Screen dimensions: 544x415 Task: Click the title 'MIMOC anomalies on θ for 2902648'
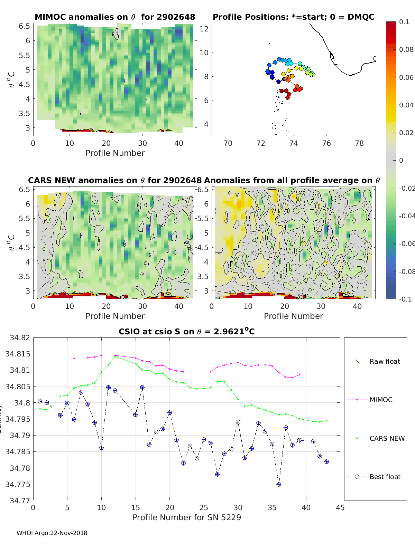(115, 17)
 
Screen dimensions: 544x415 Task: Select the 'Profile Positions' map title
(293, 17)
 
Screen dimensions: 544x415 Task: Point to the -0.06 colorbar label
(406, 244)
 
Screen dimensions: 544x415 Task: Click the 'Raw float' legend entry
(385, 361)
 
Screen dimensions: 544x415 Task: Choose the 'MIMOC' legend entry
(381, 400)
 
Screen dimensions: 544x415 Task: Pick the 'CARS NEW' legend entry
(387, 438)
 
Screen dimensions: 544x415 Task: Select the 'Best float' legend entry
(385, 477)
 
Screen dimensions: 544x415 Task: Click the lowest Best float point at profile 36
(279, 484)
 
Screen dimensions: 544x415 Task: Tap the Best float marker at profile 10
(101, 448)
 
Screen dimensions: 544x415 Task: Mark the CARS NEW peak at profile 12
(115, 356)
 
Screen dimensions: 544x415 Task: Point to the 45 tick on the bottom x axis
(340, 507)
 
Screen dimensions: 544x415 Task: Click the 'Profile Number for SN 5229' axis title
(187, 517)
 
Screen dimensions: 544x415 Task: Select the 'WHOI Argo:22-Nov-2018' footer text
(52, 533)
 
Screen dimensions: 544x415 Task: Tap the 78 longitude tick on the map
(359, 143)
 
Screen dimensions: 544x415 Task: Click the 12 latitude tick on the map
(204, 29)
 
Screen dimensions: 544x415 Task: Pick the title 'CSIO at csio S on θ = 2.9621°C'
(187, 332)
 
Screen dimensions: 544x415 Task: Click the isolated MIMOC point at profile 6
(74, 359)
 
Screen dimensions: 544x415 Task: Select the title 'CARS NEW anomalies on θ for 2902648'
(115, 180)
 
